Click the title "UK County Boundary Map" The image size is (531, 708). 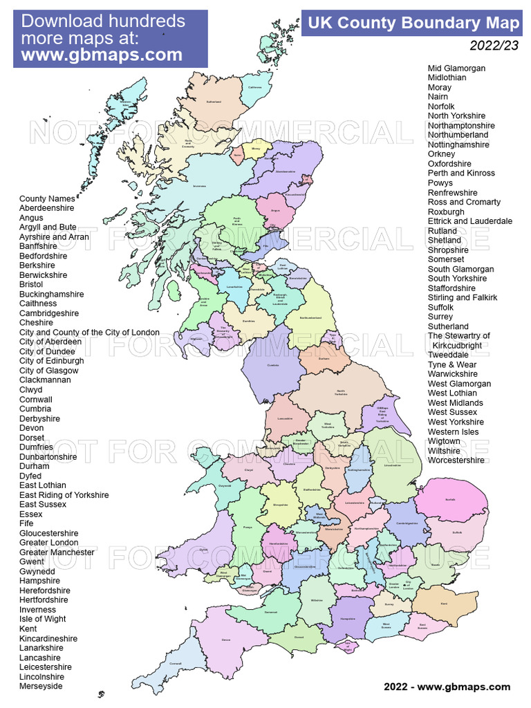click(413, 24)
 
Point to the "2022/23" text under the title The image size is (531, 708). click(494, 46)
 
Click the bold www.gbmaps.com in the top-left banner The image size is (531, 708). click(102, 55)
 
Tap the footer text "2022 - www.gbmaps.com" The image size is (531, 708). click(447, 687)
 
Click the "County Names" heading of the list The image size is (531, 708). click(47, 198)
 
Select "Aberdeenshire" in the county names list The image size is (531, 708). click(46, 208)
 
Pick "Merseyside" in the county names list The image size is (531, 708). click(41, 687)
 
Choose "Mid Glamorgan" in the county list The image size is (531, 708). click(456, 68)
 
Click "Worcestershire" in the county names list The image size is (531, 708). click(456, 460)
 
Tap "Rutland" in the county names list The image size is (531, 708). click(442, 231)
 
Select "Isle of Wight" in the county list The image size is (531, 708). click(43, 619)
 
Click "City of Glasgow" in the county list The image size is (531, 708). click(49, 371)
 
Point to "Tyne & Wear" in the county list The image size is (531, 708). click(452, 364)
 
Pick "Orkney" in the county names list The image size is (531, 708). click(442, 154)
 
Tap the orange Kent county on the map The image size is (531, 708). click(442, 605)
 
